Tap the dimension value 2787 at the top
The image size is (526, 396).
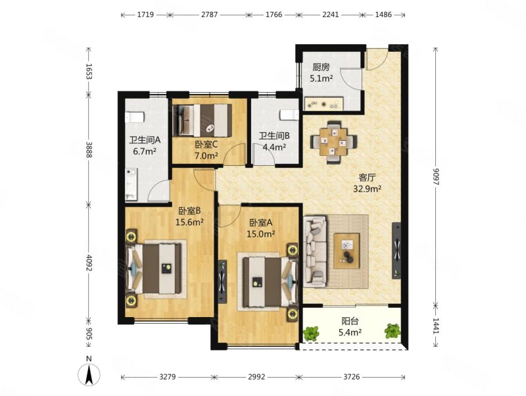(209, 14)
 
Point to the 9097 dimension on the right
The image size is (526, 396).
(435, 176)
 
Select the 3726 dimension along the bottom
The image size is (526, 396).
(352, 377)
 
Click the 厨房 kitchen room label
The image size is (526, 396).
(321, 68)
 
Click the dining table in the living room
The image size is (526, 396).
(333, 142)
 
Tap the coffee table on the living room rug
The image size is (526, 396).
(347, 251)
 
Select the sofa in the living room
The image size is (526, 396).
(315, 251)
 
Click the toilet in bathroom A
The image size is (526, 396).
(135, 117)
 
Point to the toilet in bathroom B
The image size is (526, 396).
(289, 114)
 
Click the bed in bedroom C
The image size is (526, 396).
(202, 120)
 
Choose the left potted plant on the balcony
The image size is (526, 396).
(312, 334)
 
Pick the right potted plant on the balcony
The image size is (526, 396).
(393, 331)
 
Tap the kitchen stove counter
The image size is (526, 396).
(323, 104)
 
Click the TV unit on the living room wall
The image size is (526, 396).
(397, 251)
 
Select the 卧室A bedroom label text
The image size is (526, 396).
(260, 222)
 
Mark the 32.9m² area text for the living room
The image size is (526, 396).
(367, 189)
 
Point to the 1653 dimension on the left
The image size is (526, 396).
(89, 71)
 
